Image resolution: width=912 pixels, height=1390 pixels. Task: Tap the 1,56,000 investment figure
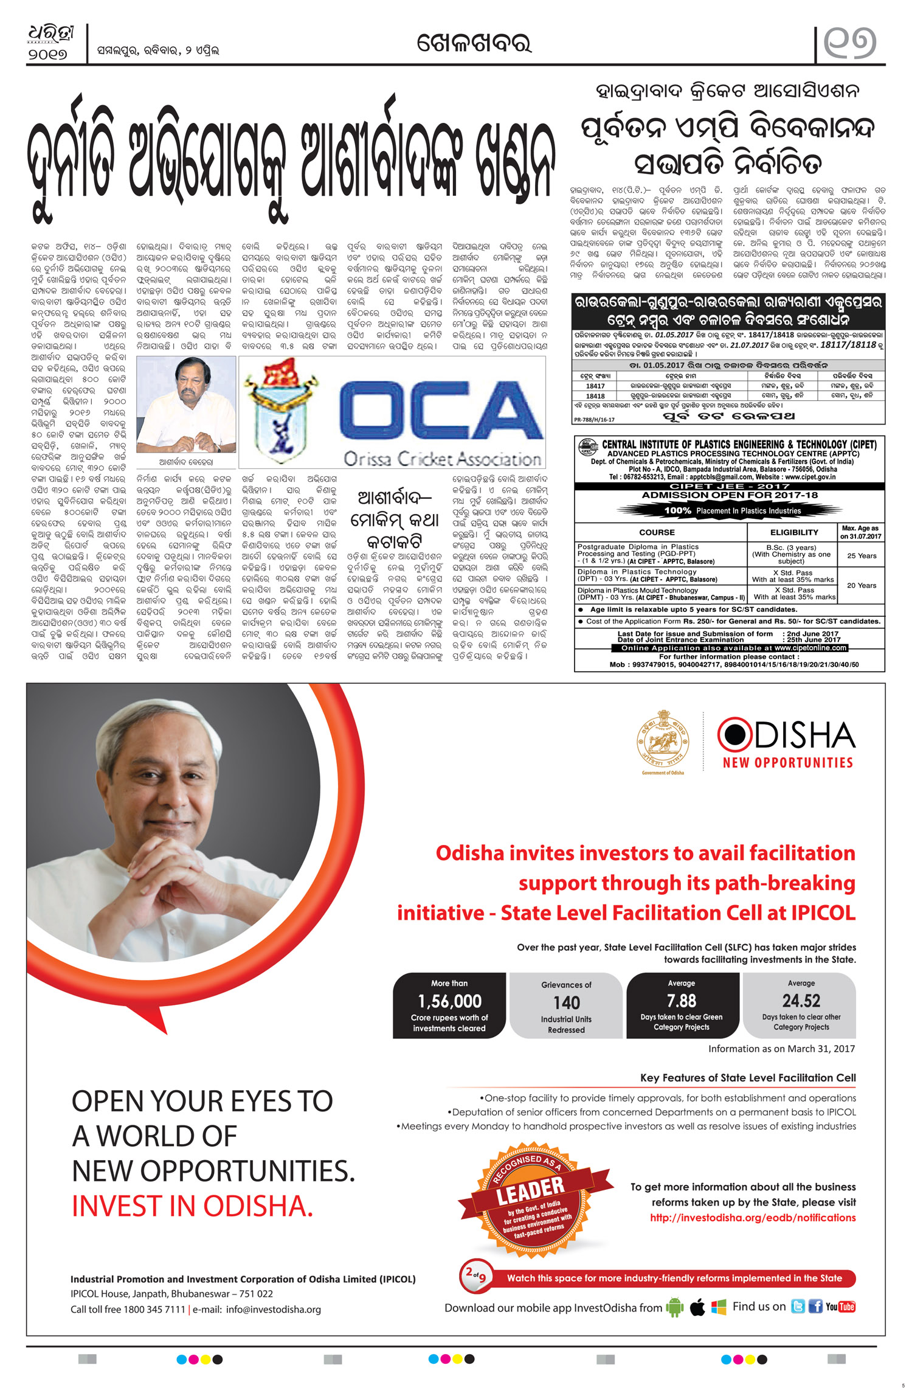pos(449,1001)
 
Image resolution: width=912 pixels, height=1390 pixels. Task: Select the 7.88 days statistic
pos(681,1001)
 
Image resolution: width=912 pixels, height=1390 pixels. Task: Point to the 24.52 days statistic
pos(801,1001)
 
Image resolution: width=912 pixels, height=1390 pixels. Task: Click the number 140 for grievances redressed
pos(566,1003)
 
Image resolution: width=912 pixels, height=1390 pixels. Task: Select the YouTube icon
pos(840,1307)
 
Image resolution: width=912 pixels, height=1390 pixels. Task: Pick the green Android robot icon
pos(675,1307)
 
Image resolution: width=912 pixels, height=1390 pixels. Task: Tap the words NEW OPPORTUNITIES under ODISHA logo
pos(787,763)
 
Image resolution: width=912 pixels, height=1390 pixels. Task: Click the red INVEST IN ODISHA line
pos(192,1206)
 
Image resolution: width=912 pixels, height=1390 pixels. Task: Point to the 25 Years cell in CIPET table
pos(862,556)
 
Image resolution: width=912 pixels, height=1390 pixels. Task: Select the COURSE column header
pos(657,532)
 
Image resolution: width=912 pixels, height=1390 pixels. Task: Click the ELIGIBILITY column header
pos(793,532)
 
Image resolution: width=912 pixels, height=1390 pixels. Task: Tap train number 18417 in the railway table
pos(595,386)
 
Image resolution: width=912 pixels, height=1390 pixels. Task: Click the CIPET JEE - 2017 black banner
pos(729,486)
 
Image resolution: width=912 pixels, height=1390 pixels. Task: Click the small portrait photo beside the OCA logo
pos(186,404)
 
